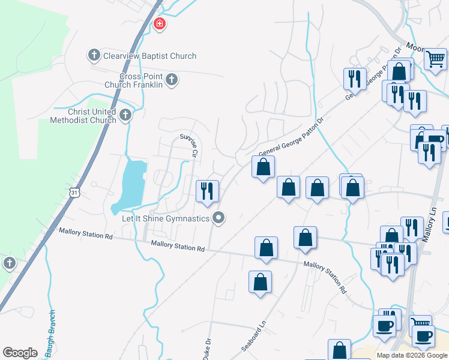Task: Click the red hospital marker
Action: tap(159, 25)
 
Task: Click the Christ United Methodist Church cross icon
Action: tap(125, 115)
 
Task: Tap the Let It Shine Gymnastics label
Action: tap(166, 218)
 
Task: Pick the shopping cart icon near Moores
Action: tap(435, 59)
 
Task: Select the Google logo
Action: tap(20, 353)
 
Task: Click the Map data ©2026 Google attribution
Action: tap(412, 355)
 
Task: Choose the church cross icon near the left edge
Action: tap(9, 263)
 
